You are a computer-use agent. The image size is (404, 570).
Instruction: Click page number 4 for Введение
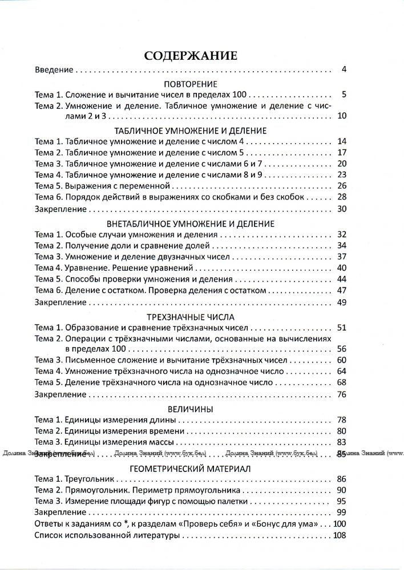344,71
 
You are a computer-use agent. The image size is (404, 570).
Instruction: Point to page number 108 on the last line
340,536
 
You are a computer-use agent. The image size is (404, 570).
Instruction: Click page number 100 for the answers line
340,524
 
